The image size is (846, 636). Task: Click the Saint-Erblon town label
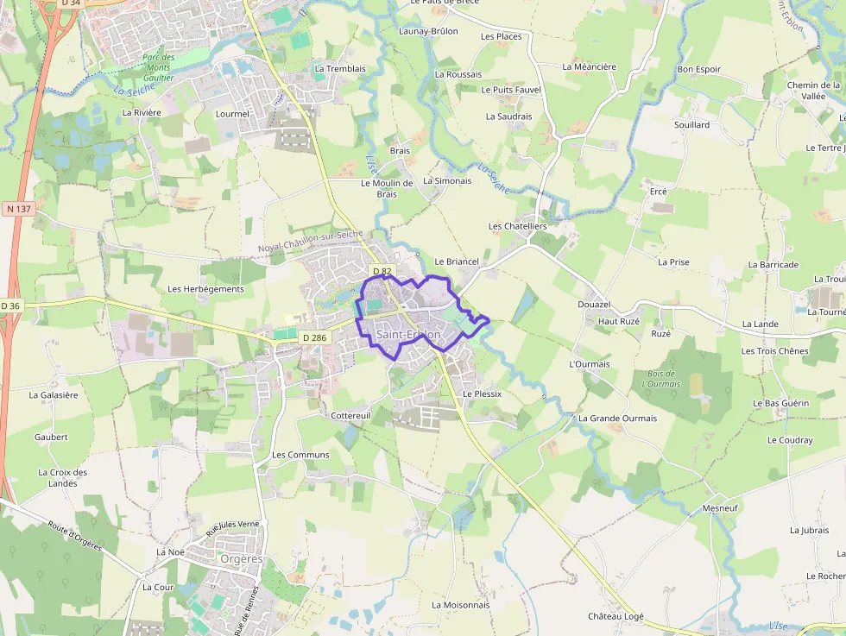pos(408,335)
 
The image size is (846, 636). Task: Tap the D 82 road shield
pos(382,272)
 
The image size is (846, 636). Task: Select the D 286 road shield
pos(314,337)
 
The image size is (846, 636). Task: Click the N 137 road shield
pos(17,209)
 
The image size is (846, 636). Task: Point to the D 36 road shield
pos(10,305)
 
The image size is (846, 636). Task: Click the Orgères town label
pos(242,559)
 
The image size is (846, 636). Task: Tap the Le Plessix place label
pos(482,394)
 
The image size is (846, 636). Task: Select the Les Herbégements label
pos(205,289)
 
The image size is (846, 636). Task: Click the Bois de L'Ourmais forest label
pos(662,379)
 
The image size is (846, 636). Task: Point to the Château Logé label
pos(616,616)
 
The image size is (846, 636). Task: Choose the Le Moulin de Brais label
pos(388,188)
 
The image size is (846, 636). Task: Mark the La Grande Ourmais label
pos(617,419)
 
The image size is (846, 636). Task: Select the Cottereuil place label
pos(350,415)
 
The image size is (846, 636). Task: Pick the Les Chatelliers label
pos(517,226)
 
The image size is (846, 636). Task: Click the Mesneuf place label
pos(720,508)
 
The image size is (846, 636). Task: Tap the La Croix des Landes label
pos(63,477)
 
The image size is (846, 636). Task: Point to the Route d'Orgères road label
pos(75,536)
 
